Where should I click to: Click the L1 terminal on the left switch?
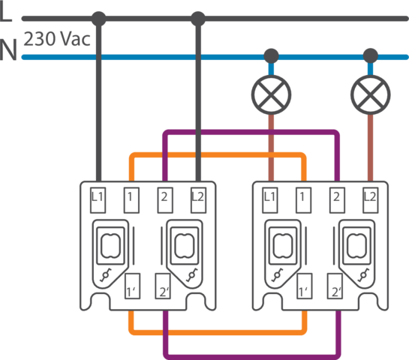click(x=98, y=200)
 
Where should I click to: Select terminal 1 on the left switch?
click(x=131, y=200)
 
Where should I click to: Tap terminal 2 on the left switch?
click(x=165, y=200)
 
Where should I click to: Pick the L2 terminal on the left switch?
click(x=199, y=200)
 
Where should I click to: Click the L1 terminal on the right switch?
click(x=270, y=200)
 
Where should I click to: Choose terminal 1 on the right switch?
click(x=304, y=200)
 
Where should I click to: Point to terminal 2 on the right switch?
click(x=337, y=200)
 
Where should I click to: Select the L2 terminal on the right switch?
click(x=371, y=200)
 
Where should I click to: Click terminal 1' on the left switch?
click(x=133, y=286)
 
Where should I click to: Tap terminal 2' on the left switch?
click(x=163, y=286)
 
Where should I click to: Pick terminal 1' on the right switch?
click(x=305, y=286)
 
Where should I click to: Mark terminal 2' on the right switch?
click(x=335, y=286)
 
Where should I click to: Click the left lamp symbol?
click(x=271, y=95)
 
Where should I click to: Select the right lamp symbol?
click(x=371, y=95)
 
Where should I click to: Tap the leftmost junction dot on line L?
click(x=99, y=19)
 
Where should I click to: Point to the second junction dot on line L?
click(x=198, y=19)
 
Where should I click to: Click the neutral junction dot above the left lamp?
click(x=271, y=55)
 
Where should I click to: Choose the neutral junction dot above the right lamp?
click(x=371, y=55)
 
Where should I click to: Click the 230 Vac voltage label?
click(x=57, y=39)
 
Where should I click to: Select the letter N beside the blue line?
click(x=8, y=49)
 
